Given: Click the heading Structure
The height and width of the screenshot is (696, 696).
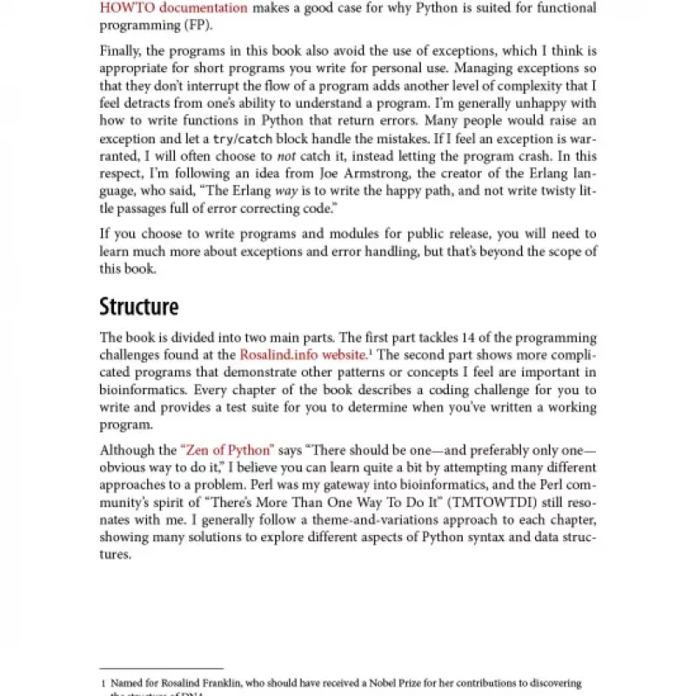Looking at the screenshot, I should click(139, 306).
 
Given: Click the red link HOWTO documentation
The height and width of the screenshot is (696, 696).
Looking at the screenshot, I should click(173, 8).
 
